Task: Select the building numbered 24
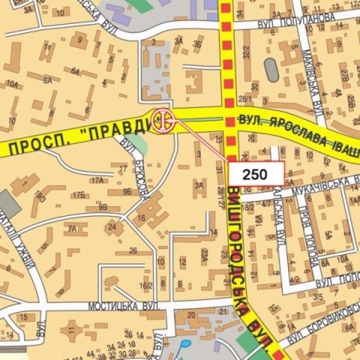click(x=113, y=227)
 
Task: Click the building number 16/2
click(x=146, y=285)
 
